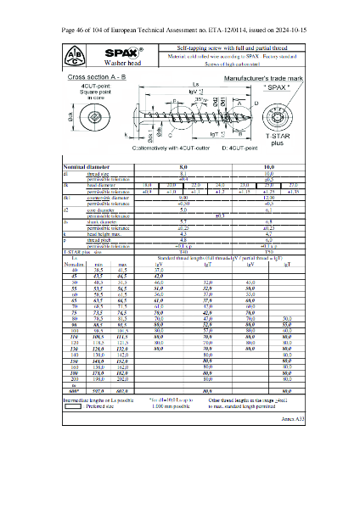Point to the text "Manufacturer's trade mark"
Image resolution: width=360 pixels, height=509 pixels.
(x=262, y=77)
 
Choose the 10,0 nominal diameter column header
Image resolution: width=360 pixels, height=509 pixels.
(x=269, y=167)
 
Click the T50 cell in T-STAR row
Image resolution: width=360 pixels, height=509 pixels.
(x=269, y=251)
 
